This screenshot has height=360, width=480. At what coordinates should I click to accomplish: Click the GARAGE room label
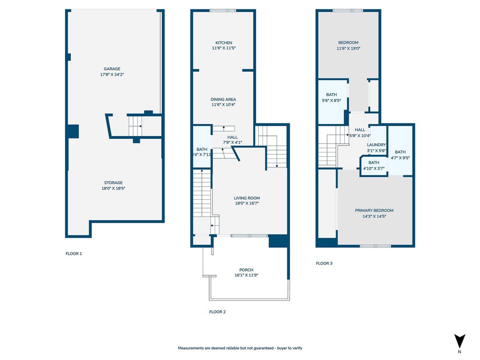pyautogui.click(x=112, y=69)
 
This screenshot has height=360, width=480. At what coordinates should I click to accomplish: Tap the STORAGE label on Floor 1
pyautogui.click(x=113, y=183)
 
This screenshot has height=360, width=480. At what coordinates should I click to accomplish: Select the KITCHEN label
pyautogui.click(x=223, y=43)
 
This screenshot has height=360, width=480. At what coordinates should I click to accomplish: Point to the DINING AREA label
pyautogui.click(x=223, y=99)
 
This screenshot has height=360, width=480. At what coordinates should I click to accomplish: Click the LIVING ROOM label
pyautogui.click(x=247, y=198)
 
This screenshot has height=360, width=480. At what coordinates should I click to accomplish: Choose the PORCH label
pyautogui.click(x=246, y=270)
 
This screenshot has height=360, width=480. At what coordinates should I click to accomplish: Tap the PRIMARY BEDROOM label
pyautogui.click(x=374, y=210)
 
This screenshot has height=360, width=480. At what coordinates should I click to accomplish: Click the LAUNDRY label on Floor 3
pyautogui.click(x=376, y=145)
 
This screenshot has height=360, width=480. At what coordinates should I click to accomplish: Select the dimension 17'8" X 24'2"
pyautogui.click(x=112, y=75)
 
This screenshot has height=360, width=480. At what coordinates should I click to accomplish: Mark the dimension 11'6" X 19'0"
pyautogui.click(x=348, y=48)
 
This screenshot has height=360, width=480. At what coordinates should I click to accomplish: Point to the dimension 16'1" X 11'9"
pyautogui.click(x=246, y=276)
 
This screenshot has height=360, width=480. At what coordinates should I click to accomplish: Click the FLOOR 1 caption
pyautogui.click(x=74, y=254)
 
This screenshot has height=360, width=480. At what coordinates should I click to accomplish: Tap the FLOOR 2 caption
pyautogui.click(x=217, y=312)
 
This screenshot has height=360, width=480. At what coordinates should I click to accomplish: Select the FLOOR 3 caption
pyautogui.click(x=324, y=263)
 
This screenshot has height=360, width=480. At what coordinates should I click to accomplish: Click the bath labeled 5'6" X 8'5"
pyautogui.click(x=331, y=95)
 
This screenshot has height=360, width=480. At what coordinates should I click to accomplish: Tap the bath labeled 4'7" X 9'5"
pyautogui.click(x=400, y=152)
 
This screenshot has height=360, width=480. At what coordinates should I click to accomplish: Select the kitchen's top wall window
pyautogui.click(x=223, y=11)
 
